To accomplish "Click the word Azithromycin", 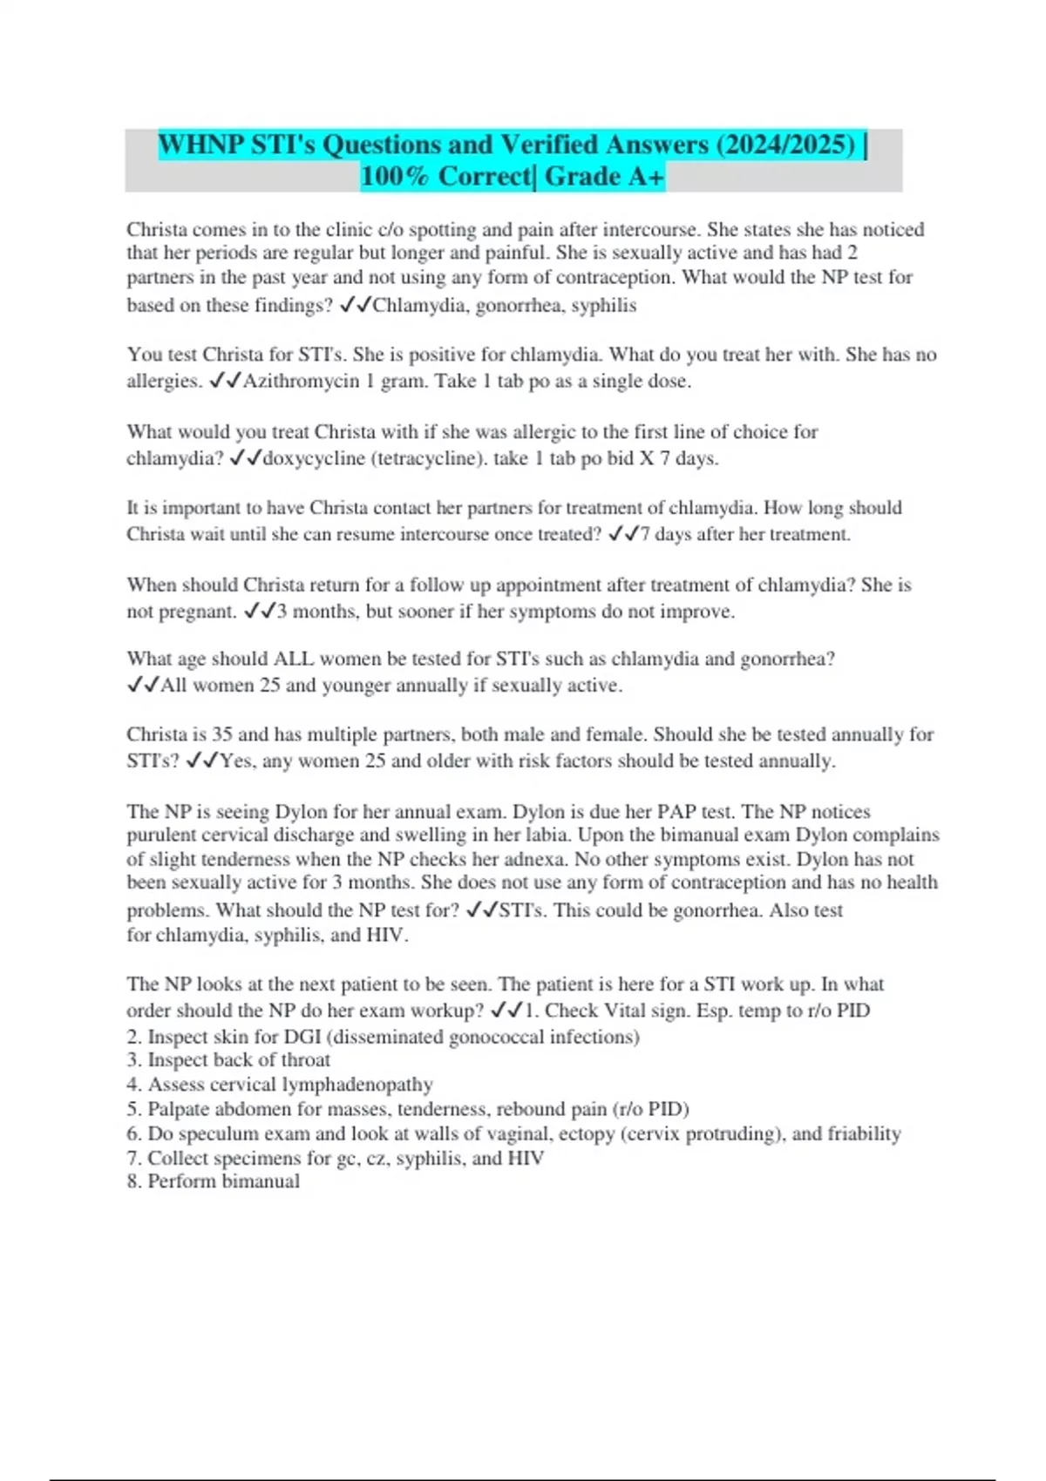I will tap(301, 382).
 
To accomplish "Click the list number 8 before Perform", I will tap(132, 1181).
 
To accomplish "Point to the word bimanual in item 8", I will tap(261, 1181).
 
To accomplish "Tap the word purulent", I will tap(162, 835).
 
